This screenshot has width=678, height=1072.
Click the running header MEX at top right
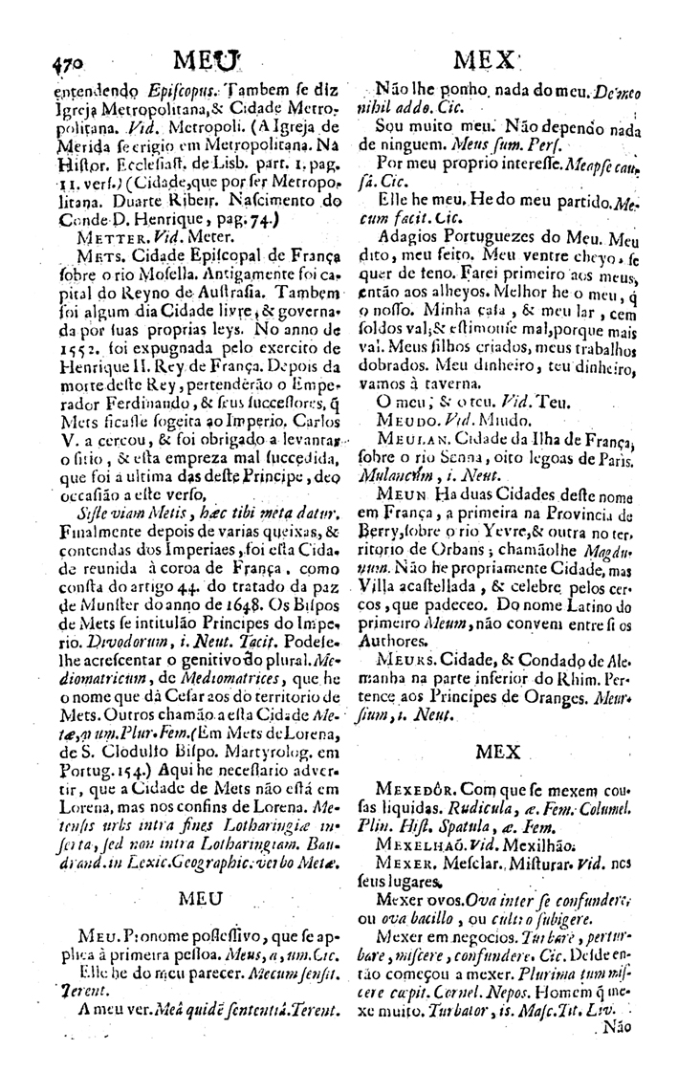pyautogui.click(x=486, y=59)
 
